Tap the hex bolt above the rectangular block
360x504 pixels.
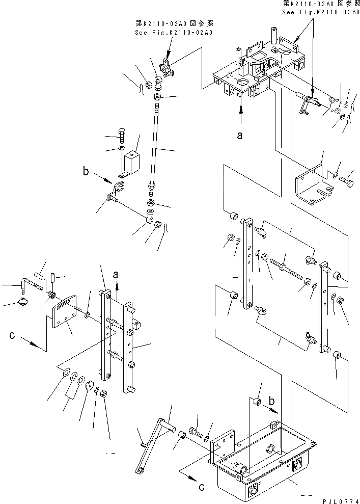tap(122, 135)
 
